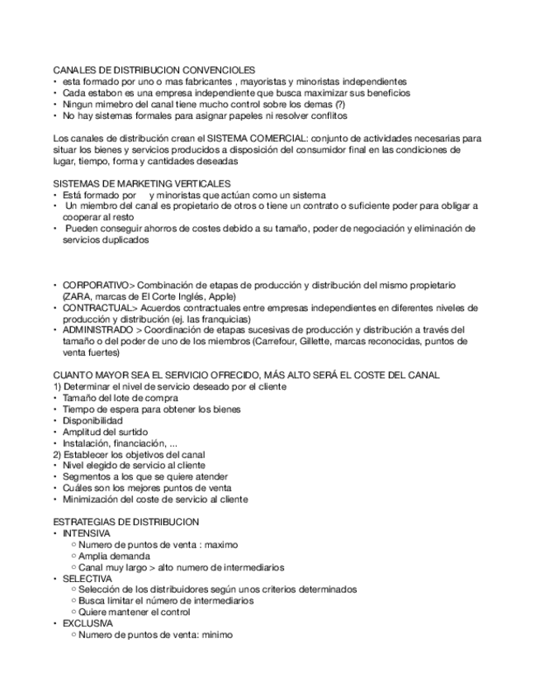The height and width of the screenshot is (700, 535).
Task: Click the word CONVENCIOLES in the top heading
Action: pyautogui.click(x=217, y=71)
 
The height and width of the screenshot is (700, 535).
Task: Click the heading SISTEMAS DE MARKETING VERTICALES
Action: pyautogui.click(x=141, y=183)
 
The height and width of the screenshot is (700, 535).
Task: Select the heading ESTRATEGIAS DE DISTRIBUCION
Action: pyautogui.click(x=125, y=523)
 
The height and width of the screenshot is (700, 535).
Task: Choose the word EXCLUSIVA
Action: pyautogui.click(x=88, y=623)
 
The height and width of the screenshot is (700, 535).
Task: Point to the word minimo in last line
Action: pyautogui.click(x=217, y=635)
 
